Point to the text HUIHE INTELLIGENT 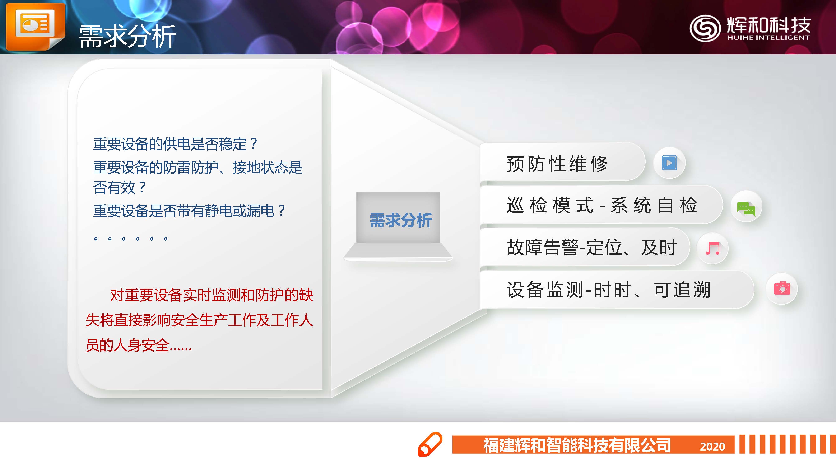coord(768,37)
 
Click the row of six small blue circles coord(130,239)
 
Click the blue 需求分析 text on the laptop coord(401,221)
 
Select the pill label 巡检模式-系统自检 coord(602,205)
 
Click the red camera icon coord(782,288)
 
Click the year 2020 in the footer coord(712,447)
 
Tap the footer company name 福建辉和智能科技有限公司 coord(577,445)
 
